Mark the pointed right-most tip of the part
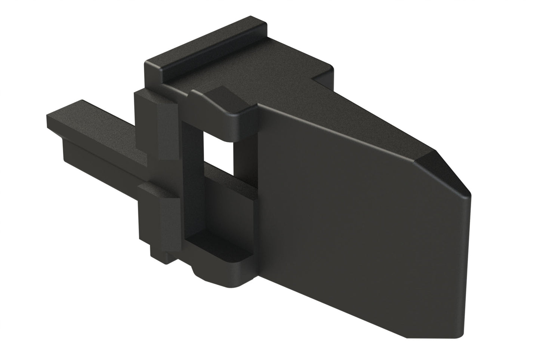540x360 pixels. coord(472,194)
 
